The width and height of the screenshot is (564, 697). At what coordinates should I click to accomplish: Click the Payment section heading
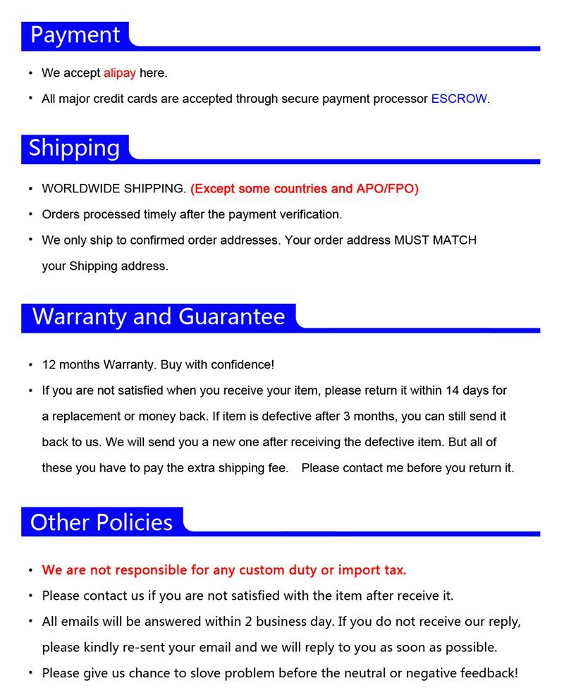tap(75, 35)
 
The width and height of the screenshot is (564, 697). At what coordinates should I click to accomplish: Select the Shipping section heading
tap(74, 148)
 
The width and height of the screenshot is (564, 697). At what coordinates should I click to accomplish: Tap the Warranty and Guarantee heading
tap(159, 316)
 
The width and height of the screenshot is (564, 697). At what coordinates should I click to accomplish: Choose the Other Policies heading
tap(102, 522)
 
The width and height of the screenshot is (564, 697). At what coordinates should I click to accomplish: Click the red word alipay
tap(119, 73)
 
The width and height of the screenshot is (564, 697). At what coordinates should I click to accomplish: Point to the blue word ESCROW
tap(459, 99)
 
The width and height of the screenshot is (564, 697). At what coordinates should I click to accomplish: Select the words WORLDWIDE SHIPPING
tap(114, 189)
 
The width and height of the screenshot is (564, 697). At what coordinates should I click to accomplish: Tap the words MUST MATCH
tap(435, 240)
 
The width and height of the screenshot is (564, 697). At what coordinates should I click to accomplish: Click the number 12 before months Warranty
tap(49, 365)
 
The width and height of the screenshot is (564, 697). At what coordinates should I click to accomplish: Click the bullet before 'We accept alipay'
tap(30, 73)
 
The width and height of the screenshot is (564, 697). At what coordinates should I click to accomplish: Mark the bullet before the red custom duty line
tap(30, 570)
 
